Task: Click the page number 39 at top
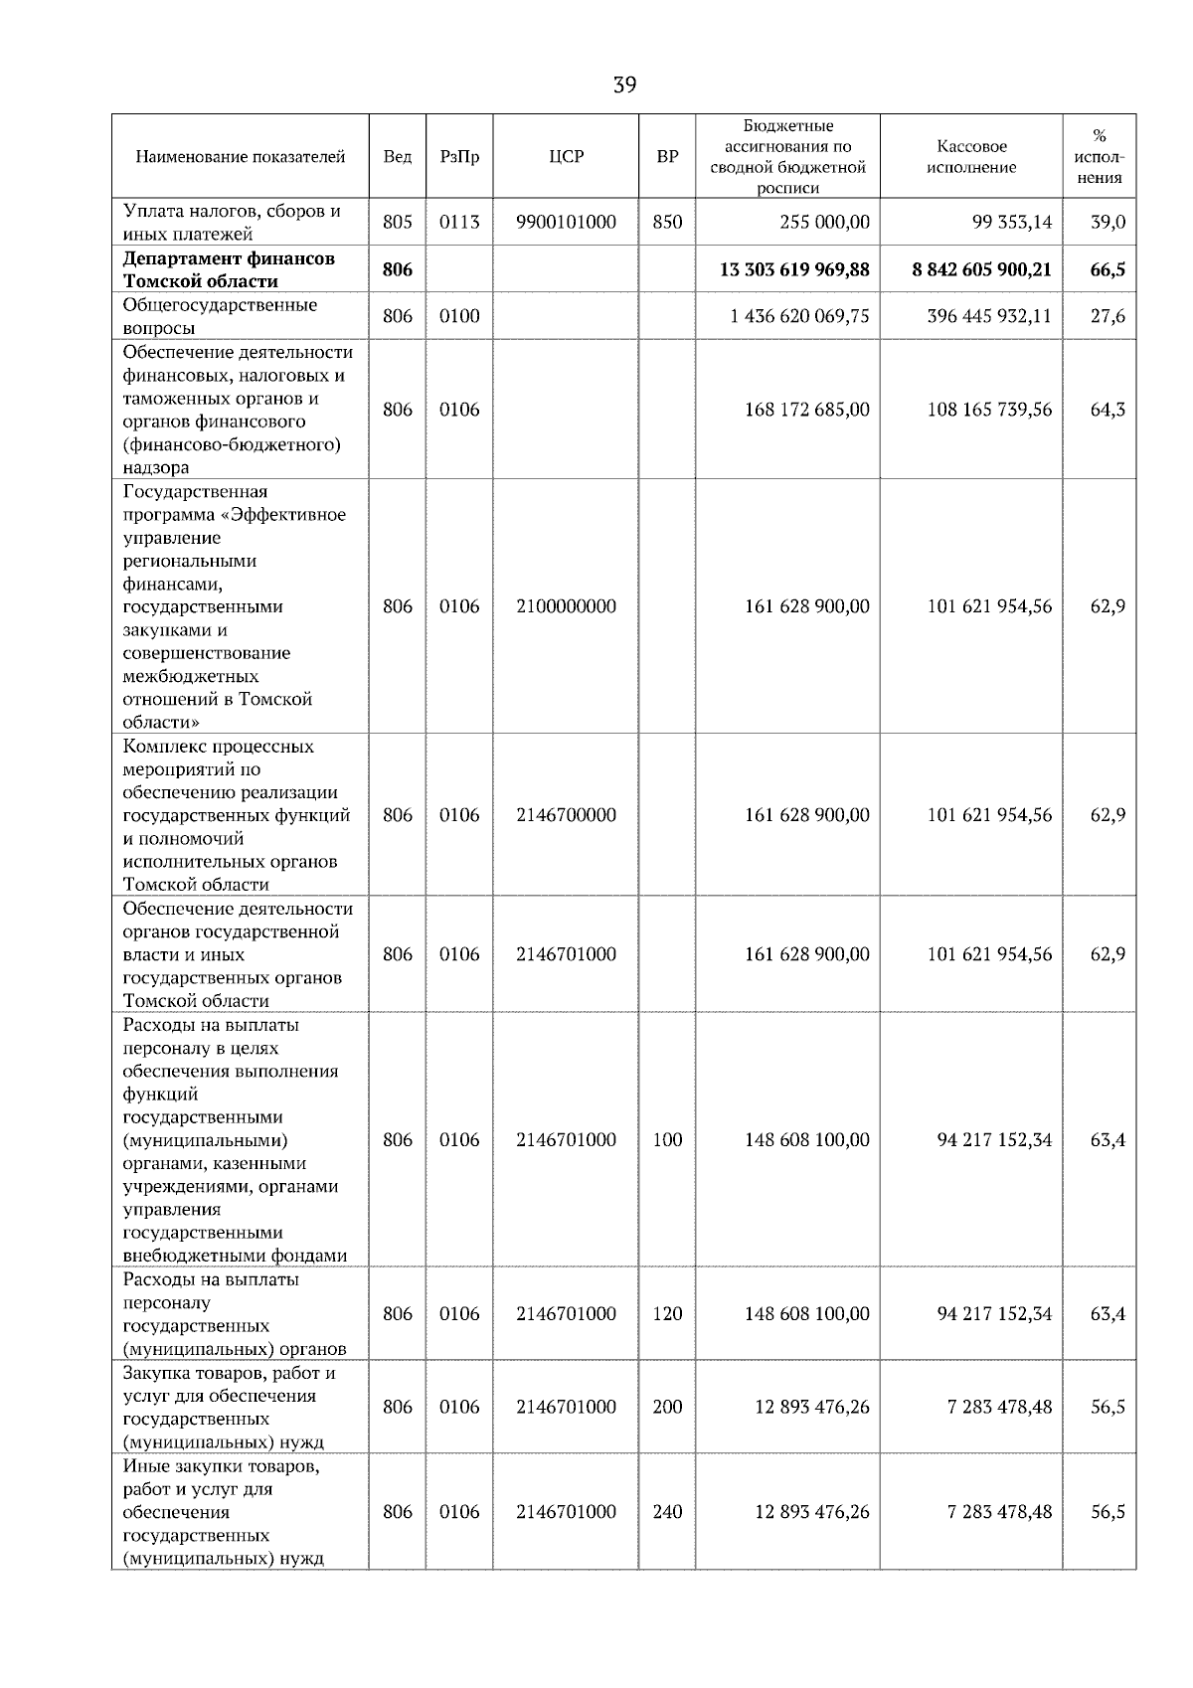coord(624,85)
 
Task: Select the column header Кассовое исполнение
coord(971,157)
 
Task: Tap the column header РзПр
coord(459,157)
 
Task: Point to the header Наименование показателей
coord(241,157)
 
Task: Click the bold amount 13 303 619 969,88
coord(794,269)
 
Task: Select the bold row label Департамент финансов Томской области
coord(230,269)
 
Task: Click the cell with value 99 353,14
coord(1011,223)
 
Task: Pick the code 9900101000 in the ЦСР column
coord(567,223)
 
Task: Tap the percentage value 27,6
coord(1108,316)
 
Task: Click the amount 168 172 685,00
coord(806,410)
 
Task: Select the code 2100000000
coord(567,606)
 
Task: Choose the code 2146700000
coord(567,815)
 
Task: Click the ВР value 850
coord(667,223)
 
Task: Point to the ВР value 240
coord(667,1512)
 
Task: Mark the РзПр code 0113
coord(459,223)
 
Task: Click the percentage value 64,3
coord(1108,410)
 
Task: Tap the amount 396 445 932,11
coord(988,316)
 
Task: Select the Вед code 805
coord(398,223)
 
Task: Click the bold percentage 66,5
coord(1108,269)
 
